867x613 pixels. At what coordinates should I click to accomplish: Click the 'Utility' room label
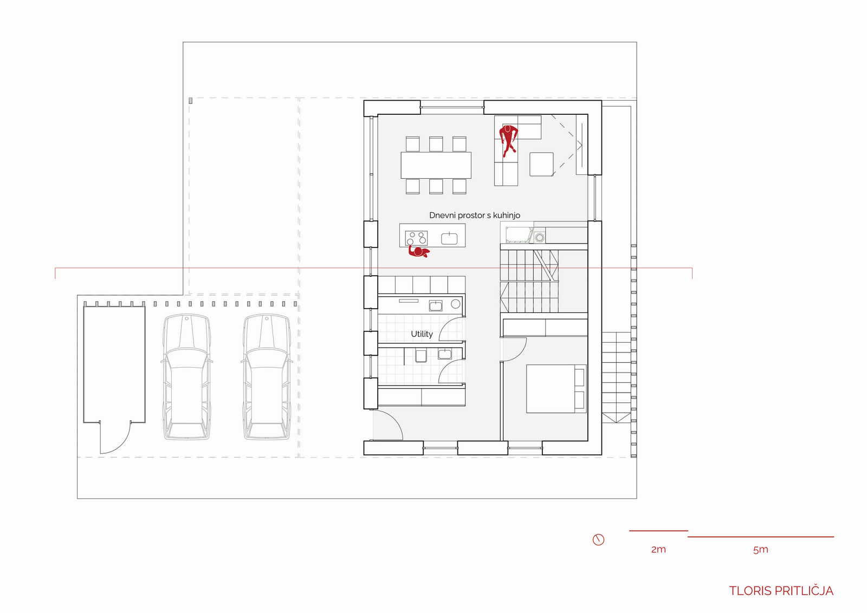click(x=422, y=334)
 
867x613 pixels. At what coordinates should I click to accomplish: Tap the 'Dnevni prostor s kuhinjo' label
click(x=475, y=216)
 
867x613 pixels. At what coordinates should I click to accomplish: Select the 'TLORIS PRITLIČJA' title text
click(x=781, y=591)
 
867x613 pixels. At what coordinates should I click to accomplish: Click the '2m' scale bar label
click(x=658, y=549)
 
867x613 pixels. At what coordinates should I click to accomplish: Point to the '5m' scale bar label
click(x=761, y=549)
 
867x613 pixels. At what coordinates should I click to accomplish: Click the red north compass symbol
click(x=598, y=539)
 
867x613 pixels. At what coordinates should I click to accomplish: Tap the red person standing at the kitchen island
click(x=419, y=252)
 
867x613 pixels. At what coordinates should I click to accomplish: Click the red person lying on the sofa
click(x=508, y=140)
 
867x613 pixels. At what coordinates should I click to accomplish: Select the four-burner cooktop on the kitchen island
click(x=417, y=238)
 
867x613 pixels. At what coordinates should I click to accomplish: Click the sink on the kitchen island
click(x=449, y=238)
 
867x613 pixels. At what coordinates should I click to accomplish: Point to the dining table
click(x=436, y=165)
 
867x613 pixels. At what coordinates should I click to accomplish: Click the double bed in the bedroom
click(x=556, y=389)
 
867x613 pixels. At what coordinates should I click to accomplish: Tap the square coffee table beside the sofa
click(x=541, y=165)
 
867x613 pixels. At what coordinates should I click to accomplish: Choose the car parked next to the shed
click(x=186, y=377)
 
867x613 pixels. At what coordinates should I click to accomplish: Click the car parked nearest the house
click(x=267, y=377)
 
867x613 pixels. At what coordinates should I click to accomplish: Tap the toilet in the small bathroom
click(x=420, y=356)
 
